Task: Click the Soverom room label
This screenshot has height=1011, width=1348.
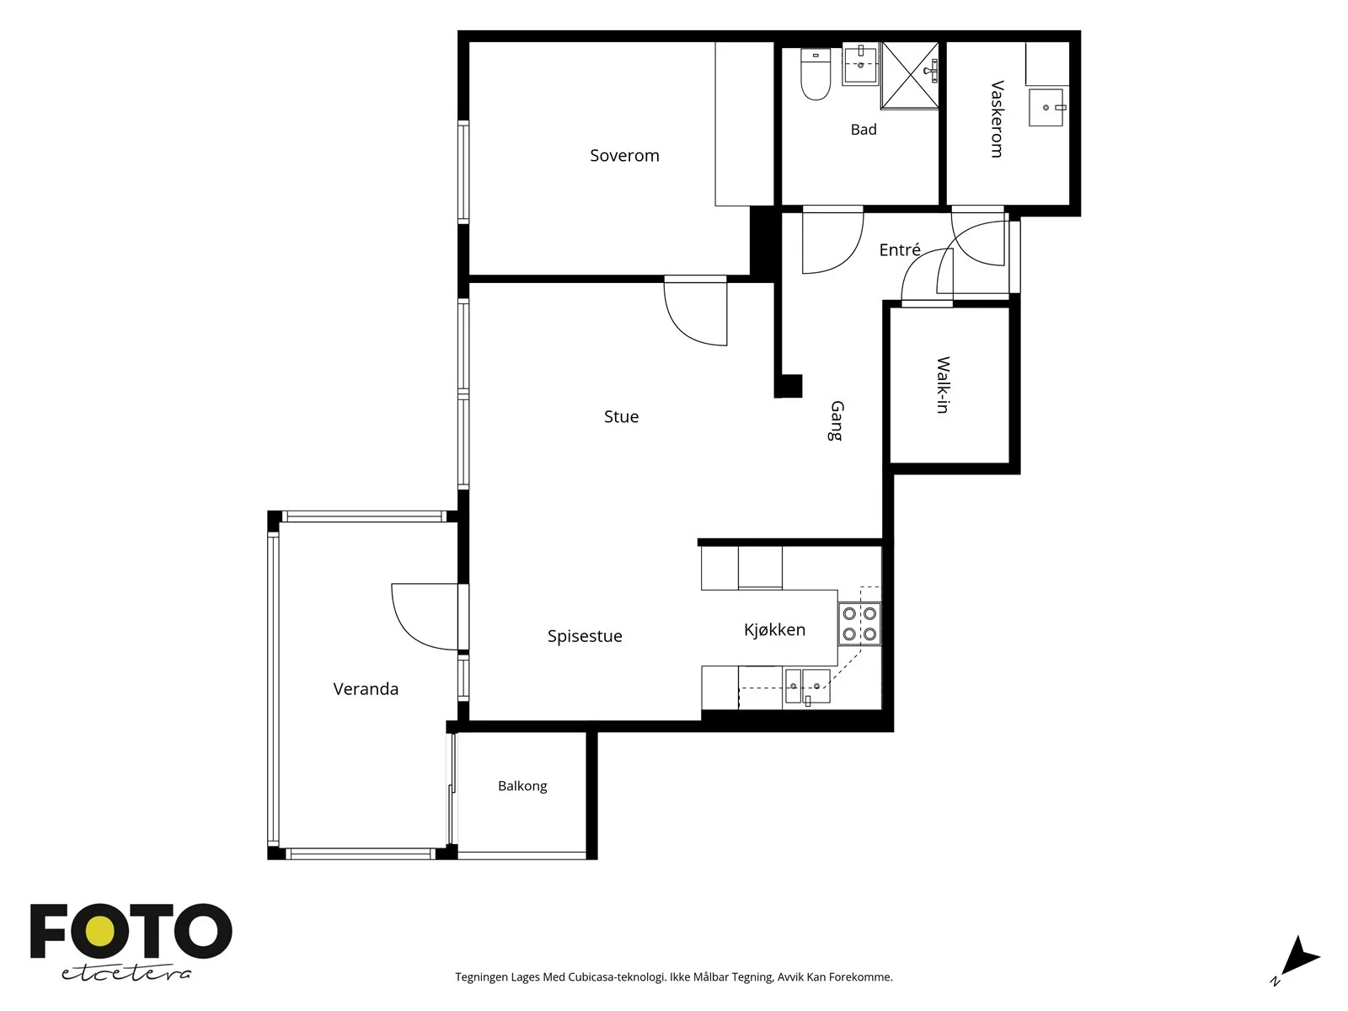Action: pyautogui.click(x=624, y=156)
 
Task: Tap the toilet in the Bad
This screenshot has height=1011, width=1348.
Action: pyautogui.click(x=816, y=74)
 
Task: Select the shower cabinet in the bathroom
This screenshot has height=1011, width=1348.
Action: pyautogui.click(x=910, y=76)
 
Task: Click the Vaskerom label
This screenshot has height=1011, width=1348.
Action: pyautogui.click(x=998, y=119)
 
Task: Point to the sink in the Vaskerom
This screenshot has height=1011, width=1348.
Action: pyautogui.click(x=1046, y=108)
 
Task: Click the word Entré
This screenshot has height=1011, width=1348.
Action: pyautogui.click(x=900, y=250)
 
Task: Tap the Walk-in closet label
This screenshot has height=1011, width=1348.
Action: pyautogui.click(x=943, y=385)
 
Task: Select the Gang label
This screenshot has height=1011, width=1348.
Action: pyautogui.click(x=836, y=421)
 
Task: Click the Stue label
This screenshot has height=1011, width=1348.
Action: pyautogui.click(x=621, y=417)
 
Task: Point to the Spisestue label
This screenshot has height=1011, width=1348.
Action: pyautogui.click(x=585, y=636)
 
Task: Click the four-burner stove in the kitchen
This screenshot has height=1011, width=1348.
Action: pyautogui.click(x=859, y=623)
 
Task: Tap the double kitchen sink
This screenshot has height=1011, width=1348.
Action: pyautogui.click(x=808, y=686)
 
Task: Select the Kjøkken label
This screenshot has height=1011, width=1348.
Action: pyautogui.click(x=774, y=630)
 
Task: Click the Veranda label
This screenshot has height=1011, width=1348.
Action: pyautogui.click(x=366, y=688)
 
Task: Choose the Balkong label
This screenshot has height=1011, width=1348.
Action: pyautogui.click(x=522, y=786)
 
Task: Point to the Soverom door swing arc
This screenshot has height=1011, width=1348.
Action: pyautogui.click(x=683, y=331)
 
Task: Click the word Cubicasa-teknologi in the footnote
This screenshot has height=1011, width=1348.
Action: pyautogui.click(x=617, y=976)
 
